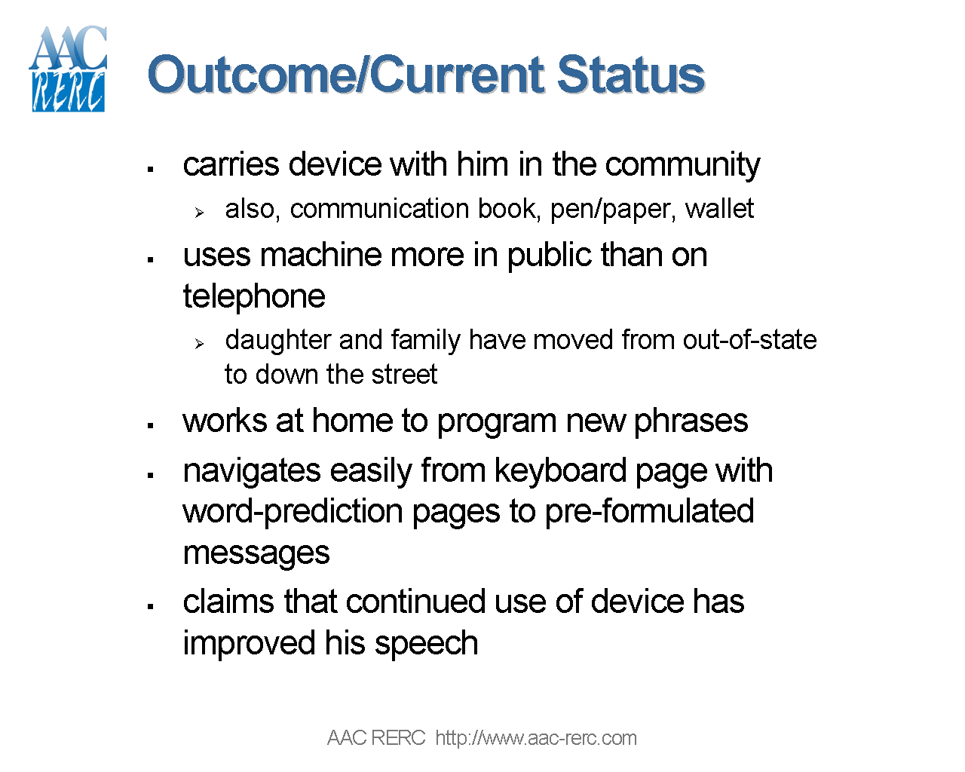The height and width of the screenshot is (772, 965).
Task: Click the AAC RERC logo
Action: [x=68, y=69]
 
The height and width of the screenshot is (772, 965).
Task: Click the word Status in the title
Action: [x=630, y=75]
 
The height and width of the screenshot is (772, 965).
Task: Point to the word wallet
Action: [x=719, y=209]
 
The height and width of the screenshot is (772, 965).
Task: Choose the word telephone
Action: [x=254, y=296]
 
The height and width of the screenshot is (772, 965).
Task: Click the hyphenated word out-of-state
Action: [x=749, y=340]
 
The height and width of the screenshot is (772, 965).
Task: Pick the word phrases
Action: [x=691, y=421]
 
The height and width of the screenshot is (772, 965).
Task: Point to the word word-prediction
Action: [x=293, y=511]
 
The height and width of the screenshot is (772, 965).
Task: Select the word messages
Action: [x=256, y=553]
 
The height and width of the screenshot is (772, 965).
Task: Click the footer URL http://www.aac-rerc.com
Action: [x=536, y=738]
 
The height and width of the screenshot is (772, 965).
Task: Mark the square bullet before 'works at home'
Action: [x=151, y=426]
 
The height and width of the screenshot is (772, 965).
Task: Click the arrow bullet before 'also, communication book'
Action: [x=199, y=213]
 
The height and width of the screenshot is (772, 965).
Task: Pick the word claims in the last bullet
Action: [x=229, y=602]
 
